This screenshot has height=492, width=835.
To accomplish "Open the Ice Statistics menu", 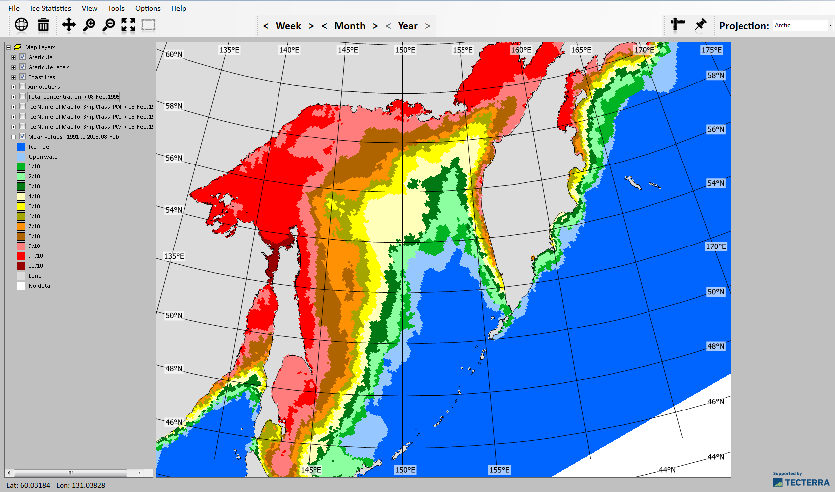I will pos(50,8).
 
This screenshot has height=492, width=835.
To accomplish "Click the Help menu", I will pos(178,8).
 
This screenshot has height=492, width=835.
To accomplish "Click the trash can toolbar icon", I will pos(44,25).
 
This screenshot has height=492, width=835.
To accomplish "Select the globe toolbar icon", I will pos(21,24).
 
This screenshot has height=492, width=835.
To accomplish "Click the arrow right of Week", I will pos(311,26).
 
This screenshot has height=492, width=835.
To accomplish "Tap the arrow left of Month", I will pos(324,26).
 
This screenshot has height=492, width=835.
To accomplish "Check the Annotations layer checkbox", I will pos(22,86).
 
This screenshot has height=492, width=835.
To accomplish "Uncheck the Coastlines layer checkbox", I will pos(22,77).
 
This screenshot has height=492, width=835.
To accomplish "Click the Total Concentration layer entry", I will pos(74,97).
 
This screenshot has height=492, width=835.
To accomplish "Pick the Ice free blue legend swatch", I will pos(21,147).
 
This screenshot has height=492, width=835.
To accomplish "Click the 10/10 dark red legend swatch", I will pos(21,266).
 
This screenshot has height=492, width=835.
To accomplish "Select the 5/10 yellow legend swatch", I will pos(21,206).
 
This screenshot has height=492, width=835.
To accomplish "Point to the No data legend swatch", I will pos(21,286).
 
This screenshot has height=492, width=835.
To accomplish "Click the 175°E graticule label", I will pos(711,50).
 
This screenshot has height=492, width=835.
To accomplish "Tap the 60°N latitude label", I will pos(174,54).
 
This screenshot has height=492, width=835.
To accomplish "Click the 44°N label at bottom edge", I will pos(667,470).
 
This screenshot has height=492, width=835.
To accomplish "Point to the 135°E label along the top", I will pos(229,50).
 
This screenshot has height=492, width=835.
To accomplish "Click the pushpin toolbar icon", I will pos(700,24).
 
